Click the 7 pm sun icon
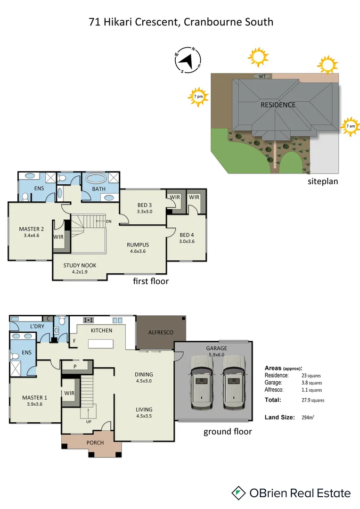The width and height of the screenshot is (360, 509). point(198,97)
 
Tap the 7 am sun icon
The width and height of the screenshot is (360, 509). point(350,126)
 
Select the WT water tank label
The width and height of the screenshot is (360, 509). point(262,76)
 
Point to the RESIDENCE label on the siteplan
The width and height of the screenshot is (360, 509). point(278,105)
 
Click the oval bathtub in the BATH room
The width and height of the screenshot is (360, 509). point(97,179)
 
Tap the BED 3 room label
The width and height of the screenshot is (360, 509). point(144,205)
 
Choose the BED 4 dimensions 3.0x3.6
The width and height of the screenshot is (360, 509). point(187,241)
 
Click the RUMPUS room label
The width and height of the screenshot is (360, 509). point(138,245)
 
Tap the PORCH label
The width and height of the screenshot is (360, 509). point(95,443)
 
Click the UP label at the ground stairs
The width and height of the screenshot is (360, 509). point(88,421)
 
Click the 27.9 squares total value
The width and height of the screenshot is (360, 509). point(312,400)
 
